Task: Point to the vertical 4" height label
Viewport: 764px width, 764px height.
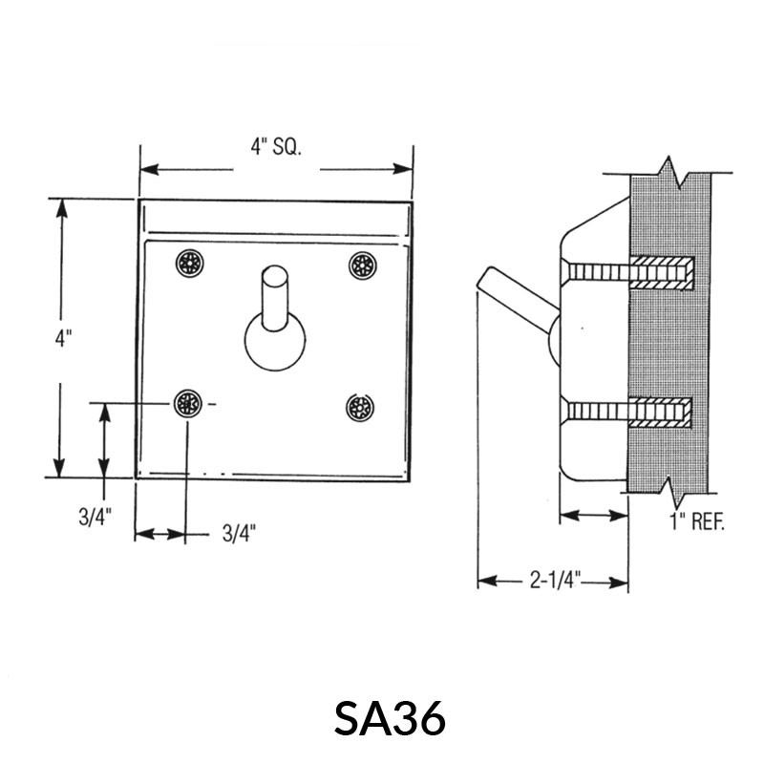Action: (x=63, y=338)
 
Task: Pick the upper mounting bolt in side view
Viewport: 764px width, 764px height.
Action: (x=630, y=274)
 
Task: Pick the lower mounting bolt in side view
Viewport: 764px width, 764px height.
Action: (x=630, y=414)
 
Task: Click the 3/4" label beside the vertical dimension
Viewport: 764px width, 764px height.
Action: (x=95, y=518)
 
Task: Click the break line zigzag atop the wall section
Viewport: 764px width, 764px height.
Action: (x=675, y=172)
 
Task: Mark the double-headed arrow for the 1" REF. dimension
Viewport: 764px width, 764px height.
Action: (x=593, y=516)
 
